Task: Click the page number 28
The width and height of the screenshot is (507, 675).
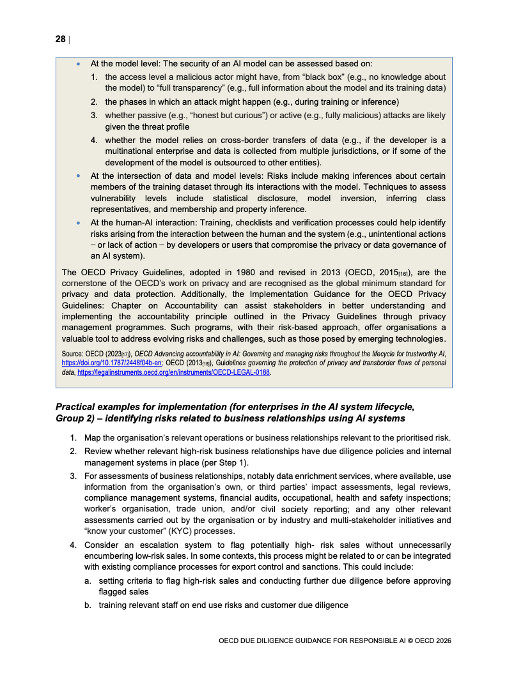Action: [60, 39]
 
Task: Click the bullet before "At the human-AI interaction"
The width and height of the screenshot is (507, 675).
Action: [79, 223]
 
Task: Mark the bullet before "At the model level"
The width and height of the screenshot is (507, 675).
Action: [79, 64]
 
